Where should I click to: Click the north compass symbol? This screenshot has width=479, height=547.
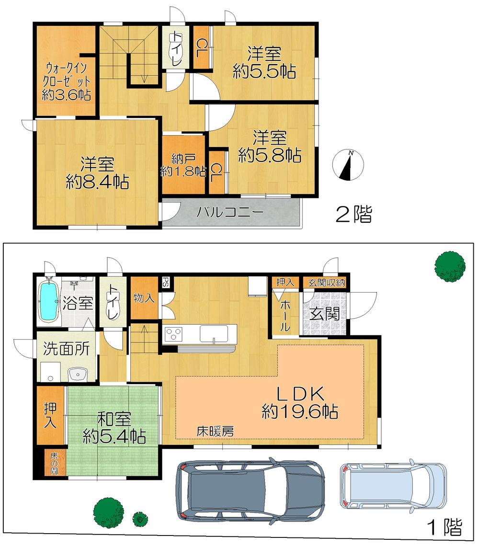pyautogui.click(x=348, y=165)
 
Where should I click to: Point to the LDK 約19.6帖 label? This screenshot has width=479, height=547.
pyautogui.click(x=300, y=403)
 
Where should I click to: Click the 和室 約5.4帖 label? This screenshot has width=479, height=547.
pyautogui.click(x=114, y=428)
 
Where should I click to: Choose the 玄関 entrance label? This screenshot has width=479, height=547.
pyautogui.click(x=324, y=314)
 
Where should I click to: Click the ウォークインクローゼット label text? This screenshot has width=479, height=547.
pyautogui.click(x=67, y=81)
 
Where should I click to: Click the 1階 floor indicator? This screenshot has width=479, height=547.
pyautogui.click(x=444, y=527)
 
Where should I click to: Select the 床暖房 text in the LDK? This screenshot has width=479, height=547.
pyautogui.click(x=215, y=431)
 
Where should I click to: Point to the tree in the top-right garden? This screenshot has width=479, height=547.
pyautogui.click(x=449, y=265)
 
